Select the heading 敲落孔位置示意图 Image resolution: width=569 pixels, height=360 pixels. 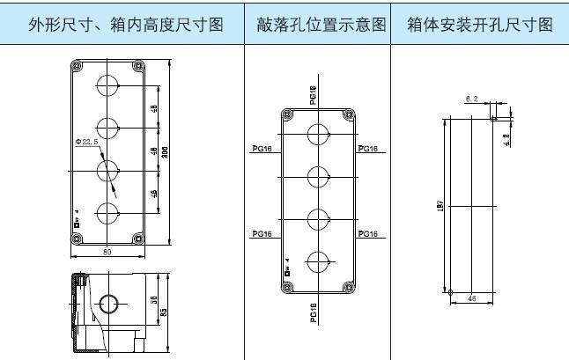[318, 26]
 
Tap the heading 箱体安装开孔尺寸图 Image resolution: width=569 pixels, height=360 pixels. [479, 26]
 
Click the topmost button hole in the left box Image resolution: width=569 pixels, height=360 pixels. [107, 86]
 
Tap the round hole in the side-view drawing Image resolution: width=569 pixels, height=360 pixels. [107, 305]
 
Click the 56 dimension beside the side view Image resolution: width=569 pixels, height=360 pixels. [151, 300]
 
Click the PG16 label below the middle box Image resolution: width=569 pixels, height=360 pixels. [315, 313]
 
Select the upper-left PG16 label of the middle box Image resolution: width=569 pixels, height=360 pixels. [262, 149]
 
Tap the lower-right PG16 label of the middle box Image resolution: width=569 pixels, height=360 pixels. [368, 233]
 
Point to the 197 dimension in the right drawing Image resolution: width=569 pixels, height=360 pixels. [440, 207]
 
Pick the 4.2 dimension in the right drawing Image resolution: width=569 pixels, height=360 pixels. [506, 137]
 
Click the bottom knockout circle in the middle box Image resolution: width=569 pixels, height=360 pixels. [317, 260]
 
